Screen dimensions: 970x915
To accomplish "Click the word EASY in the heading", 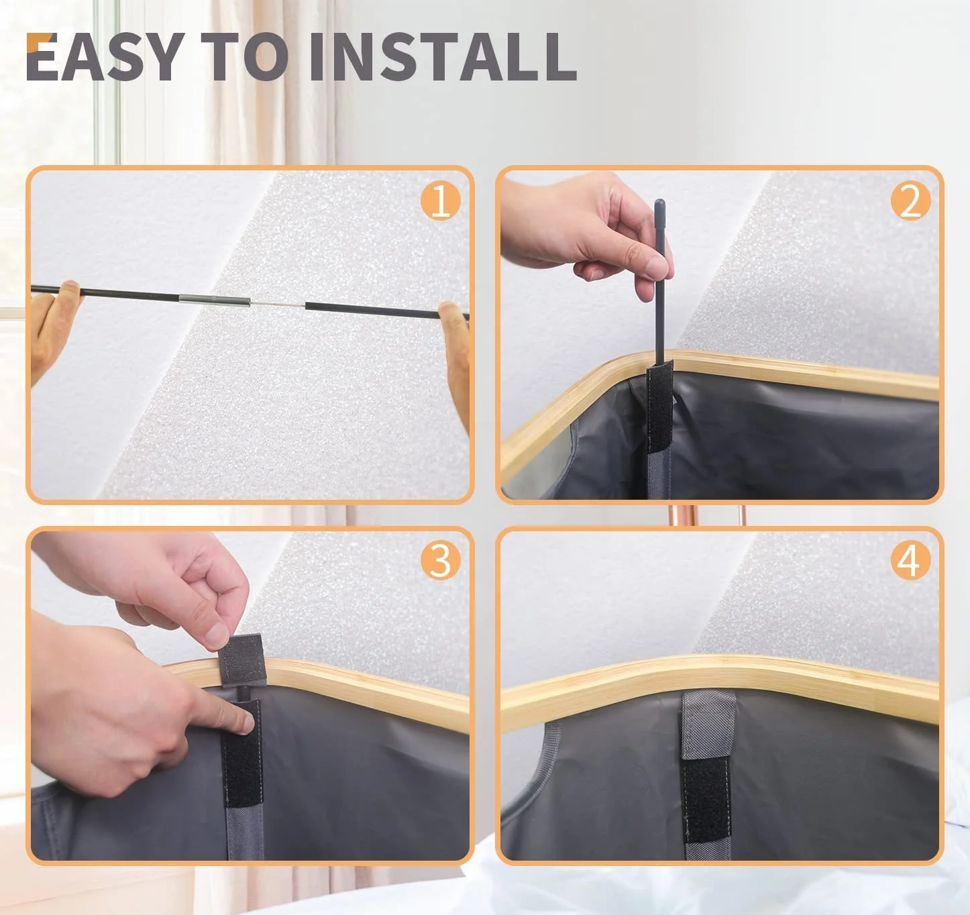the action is pyautogui.click(x=105, y=56).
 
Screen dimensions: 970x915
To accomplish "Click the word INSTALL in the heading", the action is pyautogui.click(x=443, y=56).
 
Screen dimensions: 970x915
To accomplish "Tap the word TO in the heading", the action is pyautogui.click(x=246, y=56).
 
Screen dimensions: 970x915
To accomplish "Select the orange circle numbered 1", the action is pyautogui.click(x=440, y=201).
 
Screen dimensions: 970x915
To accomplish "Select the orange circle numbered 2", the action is pyautogui.click(x=910, y=201).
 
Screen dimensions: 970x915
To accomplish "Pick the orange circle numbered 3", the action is pyautogui.click(x=440, y=561).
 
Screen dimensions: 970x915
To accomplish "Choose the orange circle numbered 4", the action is pyautogui.click(x=910, y=561).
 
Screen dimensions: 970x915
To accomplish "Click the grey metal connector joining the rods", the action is pyautogui.click(x=215, y=300).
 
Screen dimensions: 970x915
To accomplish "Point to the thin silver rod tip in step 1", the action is pyautogui.click(x=278, y=305).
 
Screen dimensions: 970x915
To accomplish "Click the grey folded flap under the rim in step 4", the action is pyautogui.click(x=708, y=724).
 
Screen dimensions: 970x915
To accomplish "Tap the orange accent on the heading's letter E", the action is pyautogui.click(x=34, y=42).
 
